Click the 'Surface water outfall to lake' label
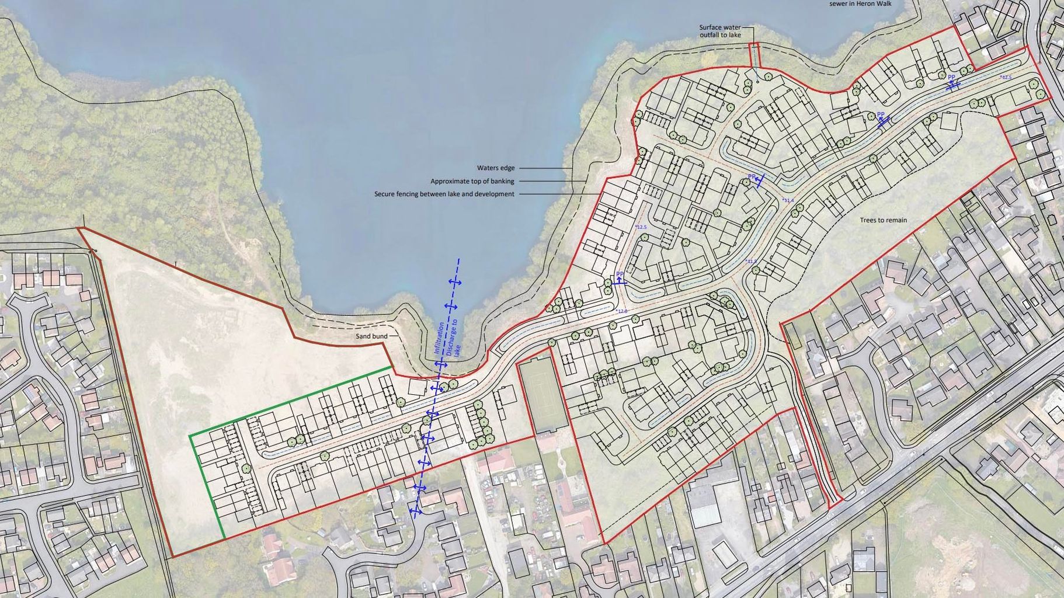coord(720,31)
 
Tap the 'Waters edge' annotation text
coord(496,168)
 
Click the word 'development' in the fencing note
coord(496,194)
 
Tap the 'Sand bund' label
coord(372,336)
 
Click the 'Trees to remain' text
coord(883,220)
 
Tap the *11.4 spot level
coord(788,200)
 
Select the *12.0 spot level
coord(621,311)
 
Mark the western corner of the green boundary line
coord(190,435)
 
